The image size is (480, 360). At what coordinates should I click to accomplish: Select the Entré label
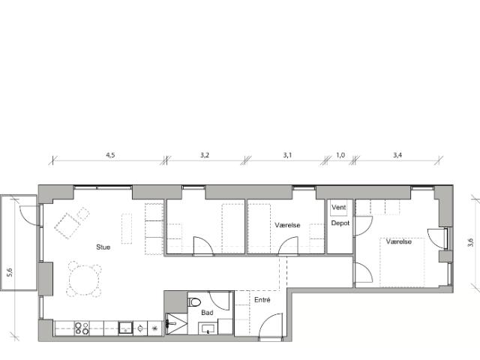(x=261, y=300)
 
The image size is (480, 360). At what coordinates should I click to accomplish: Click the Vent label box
(x=339, y=208)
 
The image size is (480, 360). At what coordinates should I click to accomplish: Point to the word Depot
(x=339, y=223)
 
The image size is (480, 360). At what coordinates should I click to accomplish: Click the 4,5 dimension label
(x=109, y=154)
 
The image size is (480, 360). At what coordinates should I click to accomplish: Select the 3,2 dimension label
(x=205, y=154)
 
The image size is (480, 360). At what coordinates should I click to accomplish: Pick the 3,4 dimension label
(x=397, y=154)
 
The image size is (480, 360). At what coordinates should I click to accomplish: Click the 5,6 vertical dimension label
(x=10, y=272)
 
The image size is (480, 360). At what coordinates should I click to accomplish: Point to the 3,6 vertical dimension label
(x=471, y=241)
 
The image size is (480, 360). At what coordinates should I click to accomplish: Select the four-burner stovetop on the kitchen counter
(x=82, y=328)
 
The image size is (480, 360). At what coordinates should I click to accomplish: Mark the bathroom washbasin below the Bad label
(x=207, y=328)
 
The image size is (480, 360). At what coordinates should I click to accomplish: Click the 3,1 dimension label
(x=286, y=154)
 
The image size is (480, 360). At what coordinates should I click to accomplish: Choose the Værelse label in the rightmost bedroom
(x=398, y=241)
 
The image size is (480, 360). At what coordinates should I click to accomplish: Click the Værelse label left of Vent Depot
(x=287, y=224)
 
